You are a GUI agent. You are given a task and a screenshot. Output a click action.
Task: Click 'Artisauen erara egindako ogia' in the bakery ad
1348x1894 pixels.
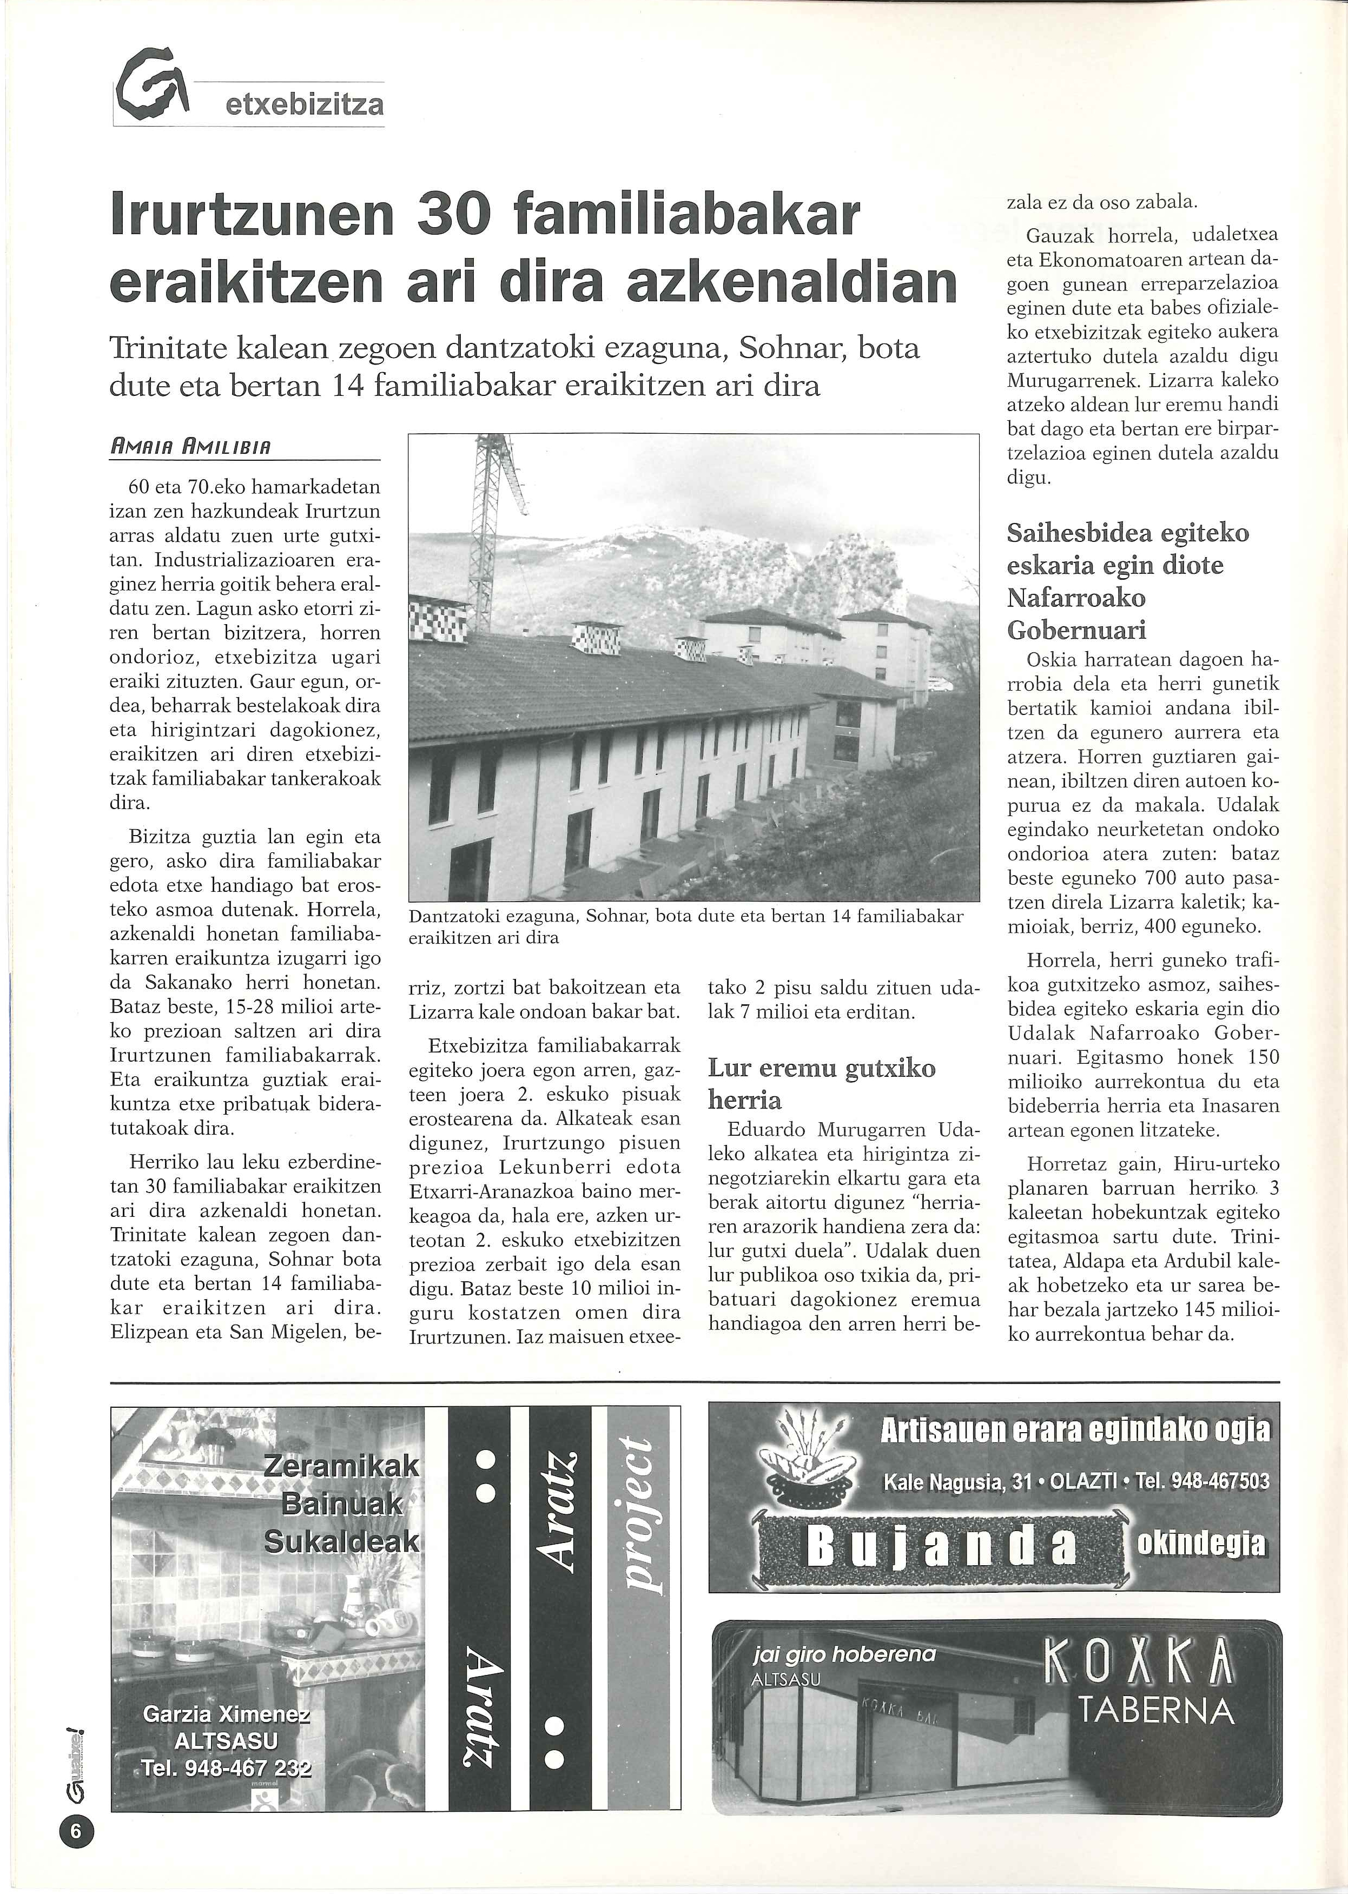1074,1430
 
